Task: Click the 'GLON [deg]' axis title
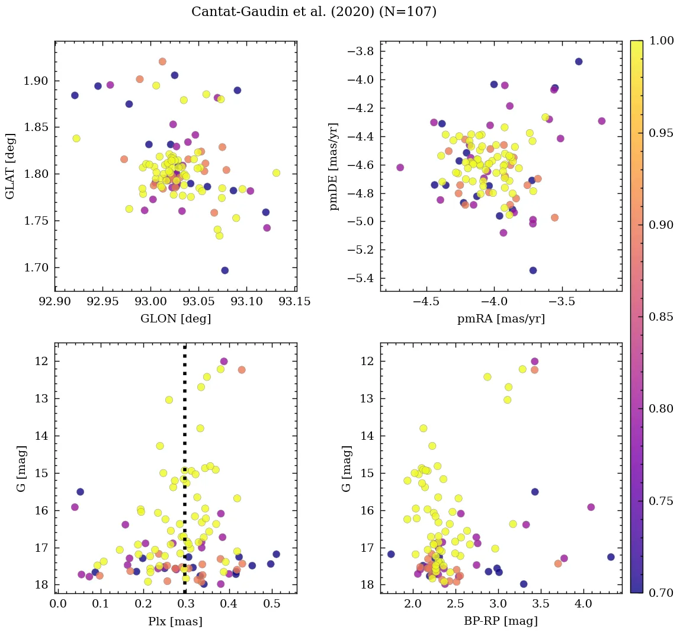tap(175, 319)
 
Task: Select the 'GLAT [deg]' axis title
tap(10, 166)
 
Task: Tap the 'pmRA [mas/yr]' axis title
tap(501, 319)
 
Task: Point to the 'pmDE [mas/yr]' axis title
tap(334, 166)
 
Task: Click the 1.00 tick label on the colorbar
tap(661, 41)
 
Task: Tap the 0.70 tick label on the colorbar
tap(661, 593)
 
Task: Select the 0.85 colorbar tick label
tap(661, 316)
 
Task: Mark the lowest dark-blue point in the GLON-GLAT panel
tap(224, 270)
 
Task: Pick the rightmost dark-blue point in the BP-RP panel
tap(611, 557)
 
